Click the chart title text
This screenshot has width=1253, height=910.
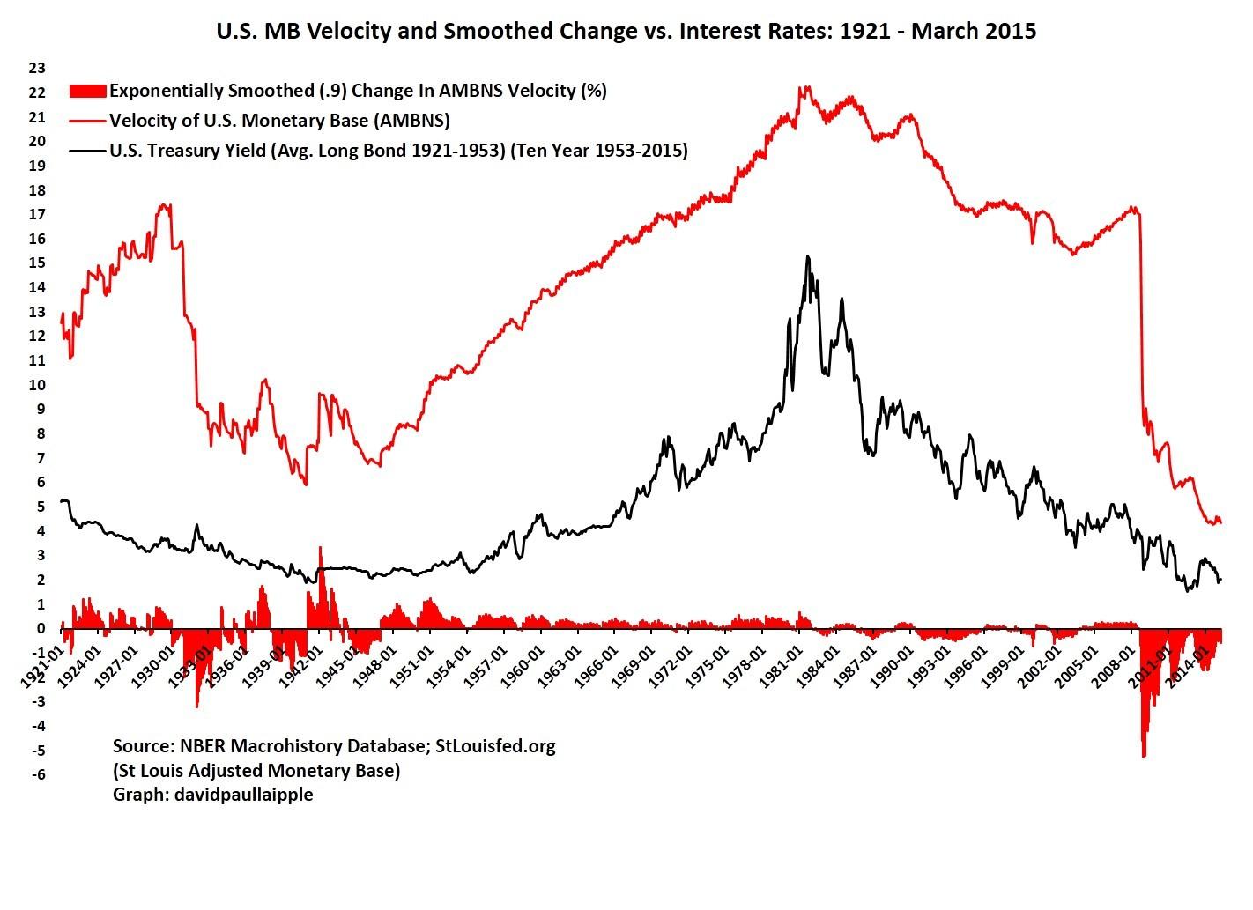pyautogui.click(x=626, y=32)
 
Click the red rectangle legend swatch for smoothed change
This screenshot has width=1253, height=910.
pyautogui.click(x=87, y=91)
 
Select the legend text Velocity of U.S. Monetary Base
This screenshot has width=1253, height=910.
pyautogui.click(x=279, y=121)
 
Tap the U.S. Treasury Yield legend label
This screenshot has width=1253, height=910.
pyautogui.click(x=398, y=151)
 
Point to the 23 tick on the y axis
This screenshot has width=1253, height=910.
pyautogui.click(x=37, y=68)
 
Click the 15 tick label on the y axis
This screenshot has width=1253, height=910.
pyautogui.click(x=37, y=263)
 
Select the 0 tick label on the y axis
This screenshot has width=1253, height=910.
pyautogui.click(x=40, y=628)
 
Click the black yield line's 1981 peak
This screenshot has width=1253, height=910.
pyautogui.click(x=807, y=257)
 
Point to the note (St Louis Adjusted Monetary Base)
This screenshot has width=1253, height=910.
pyautogui.click(x=256, y=770)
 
